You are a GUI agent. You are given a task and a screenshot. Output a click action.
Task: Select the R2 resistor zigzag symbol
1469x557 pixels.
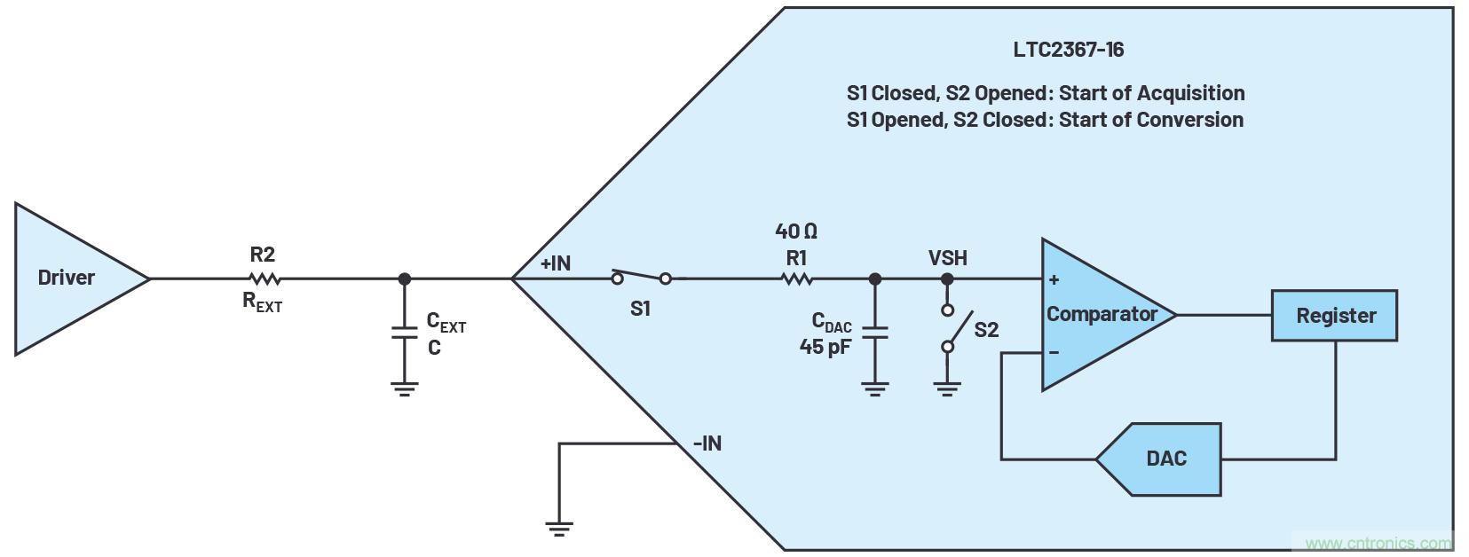(x=263, y=278)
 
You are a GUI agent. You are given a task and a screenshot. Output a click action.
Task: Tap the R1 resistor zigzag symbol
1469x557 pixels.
(x=796, y=278)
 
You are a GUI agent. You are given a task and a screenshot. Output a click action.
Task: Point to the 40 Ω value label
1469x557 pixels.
(x=796, y=231)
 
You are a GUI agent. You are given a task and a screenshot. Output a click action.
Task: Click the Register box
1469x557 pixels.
(x=1334, y=316)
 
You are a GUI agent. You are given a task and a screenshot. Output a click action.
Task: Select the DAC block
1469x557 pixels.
(x=1163, y=459)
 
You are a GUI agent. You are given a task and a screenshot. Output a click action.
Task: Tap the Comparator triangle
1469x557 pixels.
(x=1101, y=314)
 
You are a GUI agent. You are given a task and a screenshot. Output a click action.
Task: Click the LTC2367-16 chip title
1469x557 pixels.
(x=1068, y=50)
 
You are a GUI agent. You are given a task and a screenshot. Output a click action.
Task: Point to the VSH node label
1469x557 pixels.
(x=947, y=258)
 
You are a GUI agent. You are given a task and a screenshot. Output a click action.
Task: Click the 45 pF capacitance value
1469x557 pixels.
(x=825, y=347)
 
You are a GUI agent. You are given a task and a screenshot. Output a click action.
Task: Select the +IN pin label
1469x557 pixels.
(x=556, y=263)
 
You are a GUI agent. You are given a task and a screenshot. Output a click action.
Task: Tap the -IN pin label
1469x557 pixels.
(x=707, y=443)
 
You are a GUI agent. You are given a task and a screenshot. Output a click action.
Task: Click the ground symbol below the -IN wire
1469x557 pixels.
(x=559, y=529)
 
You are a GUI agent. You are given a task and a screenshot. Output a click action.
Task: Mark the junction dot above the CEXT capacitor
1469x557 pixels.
(x=405, y=278)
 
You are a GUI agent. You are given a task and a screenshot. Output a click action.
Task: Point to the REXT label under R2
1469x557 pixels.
(x=263, y=302)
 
